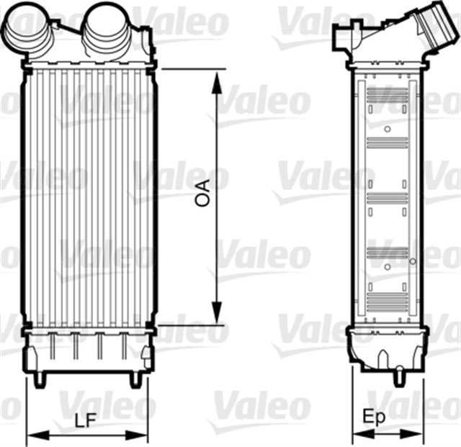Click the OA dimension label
point(204,194)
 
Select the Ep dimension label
point(373,417)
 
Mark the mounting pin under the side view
point(398,374)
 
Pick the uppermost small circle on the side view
point(388,130)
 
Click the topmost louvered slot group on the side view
point(388,94)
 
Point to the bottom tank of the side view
point(385,346)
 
